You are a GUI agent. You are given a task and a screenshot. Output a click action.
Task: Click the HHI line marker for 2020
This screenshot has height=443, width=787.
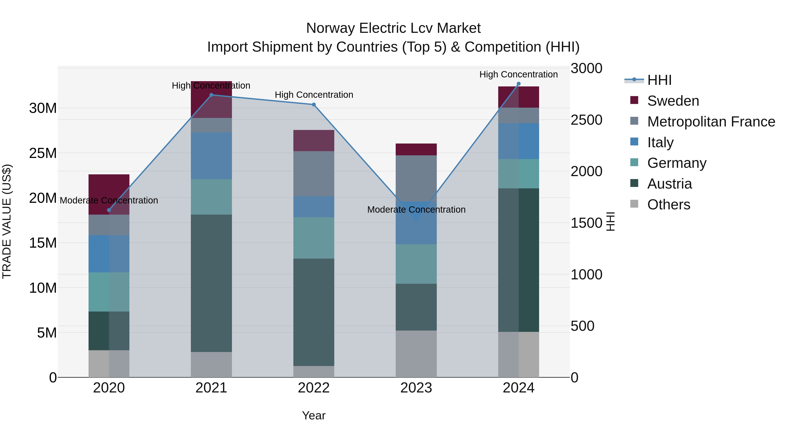(109, 210)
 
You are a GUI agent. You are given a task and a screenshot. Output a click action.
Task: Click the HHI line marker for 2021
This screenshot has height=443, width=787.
(211, 95)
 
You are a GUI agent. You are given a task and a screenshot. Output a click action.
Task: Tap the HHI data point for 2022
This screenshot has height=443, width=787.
(313, 105)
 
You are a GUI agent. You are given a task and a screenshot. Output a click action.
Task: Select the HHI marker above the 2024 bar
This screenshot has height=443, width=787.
(519, 84)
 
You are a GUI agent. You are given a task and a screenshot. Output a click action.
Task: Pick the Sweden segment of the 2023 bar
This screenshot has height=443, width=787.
(416, 149)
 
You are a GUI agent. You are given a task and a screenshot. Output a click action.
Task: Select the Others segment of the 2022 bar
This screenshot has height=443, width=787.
(313, 371)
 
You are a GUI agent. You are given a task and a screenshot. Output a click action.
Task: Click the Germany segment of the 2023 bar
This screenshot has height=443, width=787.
(416, 264)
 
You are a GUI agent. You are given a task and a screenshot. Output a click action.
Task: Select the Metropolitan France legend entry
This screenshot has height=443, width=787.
(711, 122)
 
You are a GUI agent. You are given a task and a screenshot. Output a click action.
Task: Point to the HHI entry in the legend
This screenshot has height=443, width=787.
(659, 80)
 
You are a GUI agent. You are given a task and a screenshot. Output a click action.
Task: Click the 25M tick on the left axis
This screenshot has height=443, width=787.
(43, 153)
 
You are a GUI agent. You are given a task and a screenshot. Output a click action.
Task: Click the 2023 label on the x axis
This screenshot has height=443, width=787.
(416, 388)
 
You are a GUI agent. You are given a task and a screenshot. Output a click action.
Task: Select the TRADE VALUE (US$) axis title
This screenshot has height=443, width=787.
(7, 221)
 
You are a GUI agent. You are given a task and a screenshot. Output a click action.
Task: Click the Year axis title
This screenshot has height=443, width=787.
(313, 415)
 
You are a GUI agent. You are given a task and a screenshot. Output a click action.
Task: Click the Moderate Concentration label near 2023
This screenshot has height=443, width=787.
(416, 210)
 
